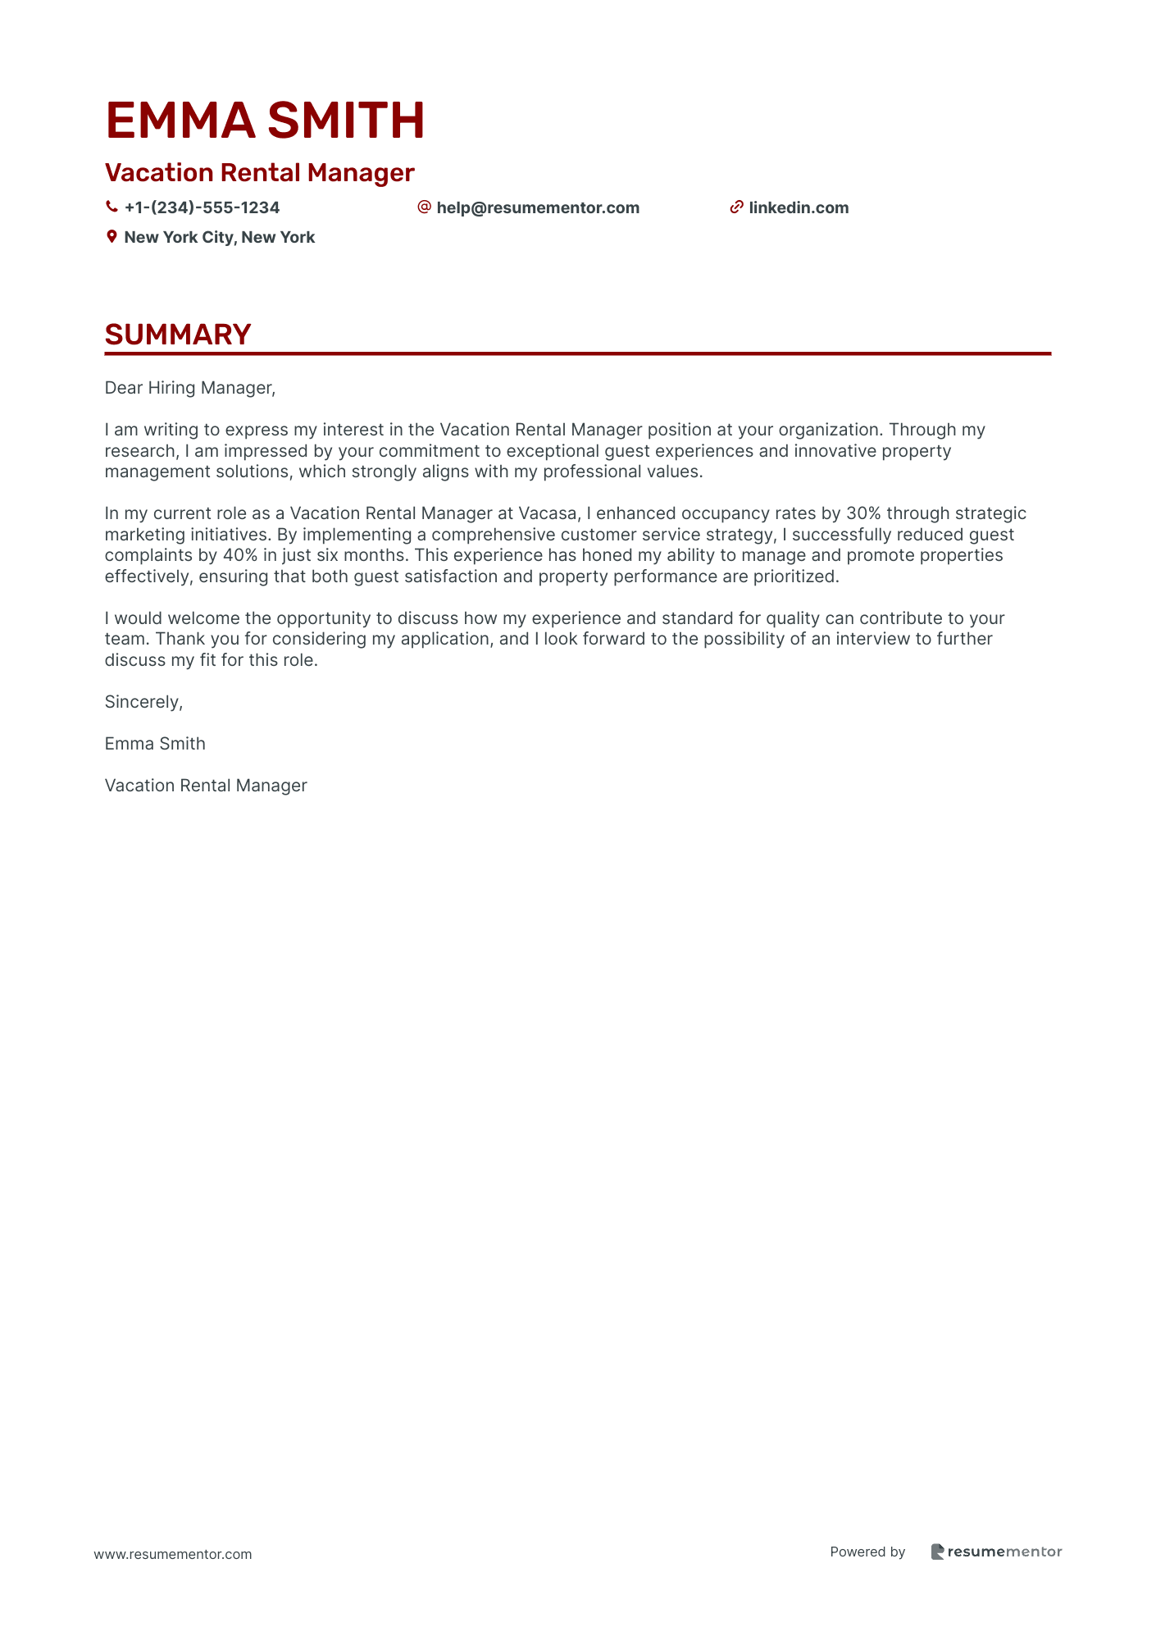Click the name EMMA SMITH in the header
[x=265, y=121]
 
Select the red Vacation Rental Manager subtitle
[x=259, y=173]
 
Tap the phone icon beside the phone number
[x=112, y=207]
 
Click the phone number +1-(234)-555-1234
[x=202, y=208]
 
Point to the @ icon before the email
[x=424, y=207]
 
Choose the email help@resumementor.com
[x=538, y=208]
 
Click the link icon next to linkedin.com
[x=736, y=207]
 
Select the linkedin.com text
[x=799, y=208]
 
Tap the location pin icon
[x=112, y=237]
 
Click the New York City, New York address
[x=219, y=238]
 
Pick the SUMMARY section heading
[x=178, y=335]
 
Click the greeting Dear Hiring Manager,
[x=190, y=388]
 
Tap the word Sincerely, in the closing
[x=143, y=702]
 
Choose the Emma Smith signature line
[x=155, y=744]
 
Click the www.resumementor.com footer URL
[x=173, y=1554]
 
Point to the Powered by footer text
[x=867, y=1552]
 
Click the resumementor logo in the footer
[x=996, y=1552]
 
